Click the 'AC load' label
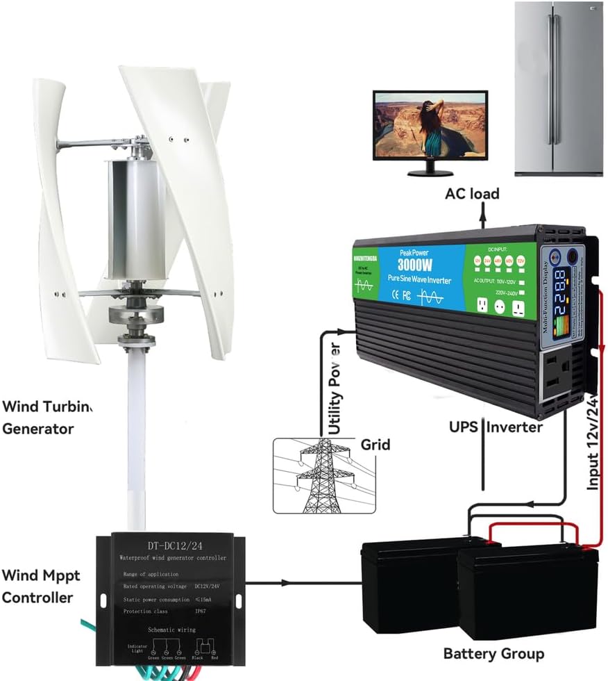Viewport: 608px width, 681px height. point(472,194)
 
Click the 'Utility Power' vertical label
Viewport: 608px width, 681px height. point(335,389)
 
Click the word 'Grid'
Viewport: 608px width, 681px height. point(375,445)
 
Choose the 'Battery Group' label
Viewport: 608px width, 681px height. point(493,653)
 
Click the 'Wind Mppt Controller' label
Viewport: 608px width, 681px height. point(40,586)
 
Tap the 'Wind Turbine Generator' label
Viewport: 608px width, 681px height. point(47,417)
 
